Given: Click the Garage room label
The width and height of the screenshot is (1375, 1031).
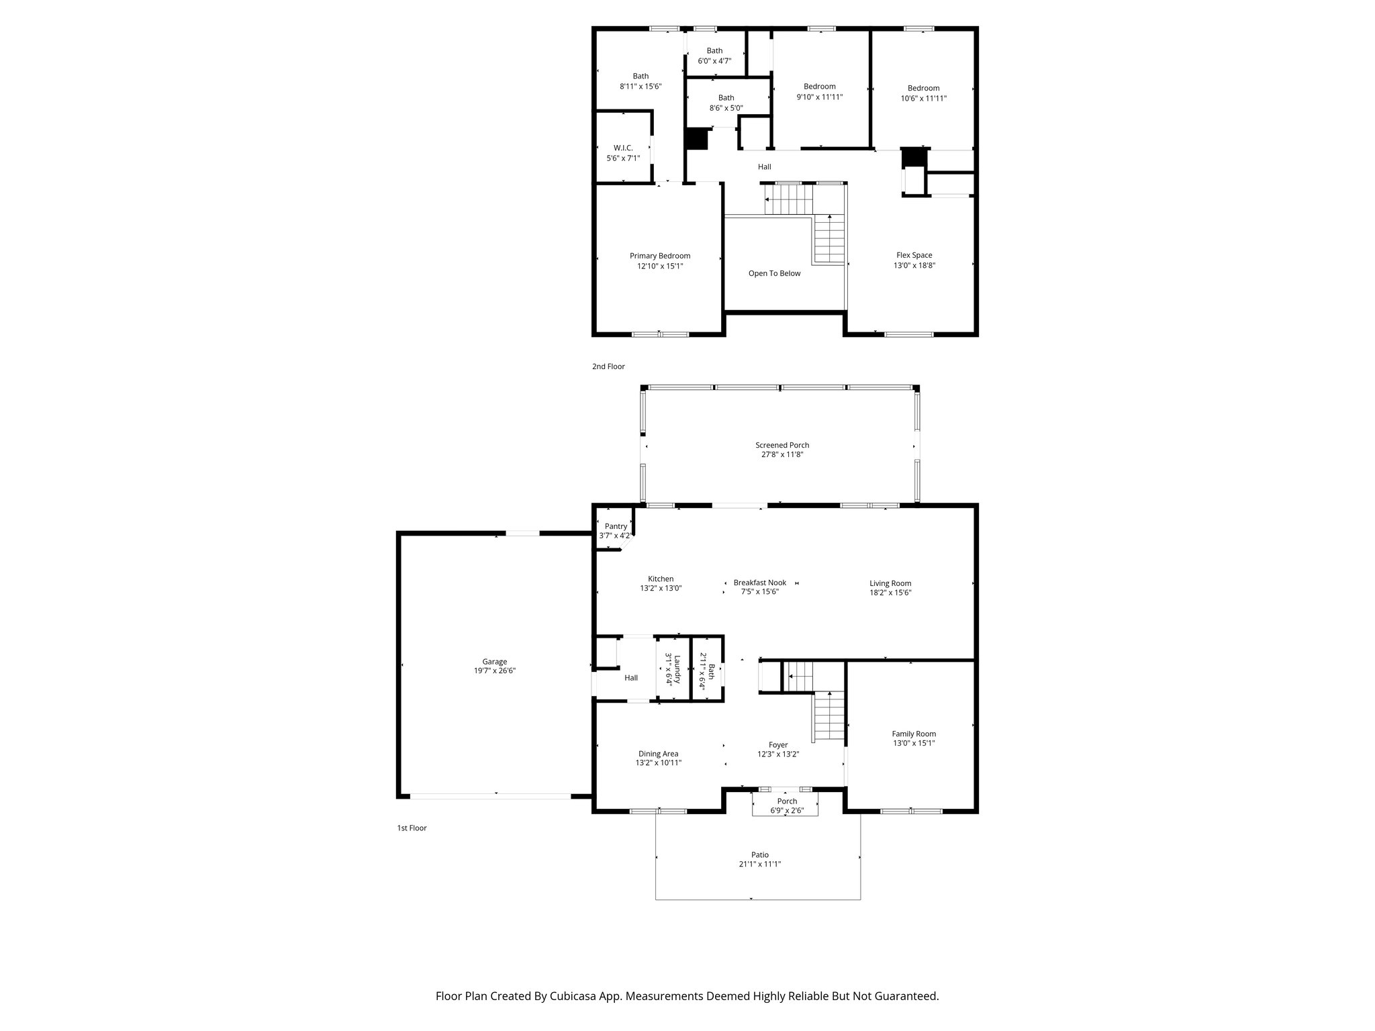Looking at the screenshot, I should [x=494, y=662].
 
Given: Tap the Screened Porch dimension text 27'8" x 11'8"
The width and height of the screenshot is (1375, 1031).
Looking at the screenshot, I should [x=781, y=454].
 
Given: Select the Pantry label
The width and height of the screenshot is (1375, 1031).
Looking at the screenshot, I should [x=615, y=526].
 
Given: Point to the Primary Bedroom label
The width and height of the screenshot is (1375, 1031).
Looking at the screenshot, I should [x=659, y=256].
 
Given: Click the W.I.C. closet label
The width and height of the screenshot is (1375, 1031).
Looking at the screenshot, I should [x=622, y=148].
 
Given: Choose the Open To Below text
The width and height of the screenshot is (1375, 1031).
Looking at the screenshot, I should [x=774, y=273].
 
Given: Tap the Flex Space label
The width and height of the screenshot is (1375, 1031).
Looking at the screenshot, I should [x=914, y=255].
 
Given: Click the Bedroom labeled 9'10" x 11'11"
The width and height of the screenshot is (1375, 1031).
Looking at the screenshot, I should [x=819, y=87].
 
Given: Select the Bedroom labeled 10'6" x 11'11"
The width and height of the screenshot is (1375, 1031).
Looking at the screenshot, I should [x=923, y=88].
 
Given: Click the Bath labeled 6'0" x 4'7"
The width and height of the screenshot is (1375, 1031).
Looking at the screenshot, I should [x=714, y=51].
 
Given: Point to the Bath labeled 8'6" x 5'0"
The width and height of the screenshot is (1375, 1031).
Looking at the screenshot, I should [x=726, y=98].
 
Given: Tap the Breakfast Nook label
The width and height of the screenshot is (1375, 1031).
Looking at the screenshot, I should [x=759, y=583].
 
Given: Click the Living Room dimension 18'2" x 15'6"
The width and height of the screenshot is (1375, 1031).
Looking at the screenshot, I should [x=890, y=593].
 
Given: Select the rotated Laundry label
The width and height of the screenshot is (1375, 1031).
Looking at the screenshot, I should [x=677, y=669].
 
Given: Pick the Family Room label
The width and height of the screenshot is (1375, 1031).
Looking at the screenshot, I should [x=913, y=734].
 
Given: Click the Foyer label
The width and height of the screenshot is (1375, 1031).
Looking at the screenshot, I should [x=777, y=745].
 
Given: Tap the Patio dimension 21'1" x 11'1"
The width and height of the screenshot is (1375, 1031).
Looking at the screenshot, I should [x=759, y=864].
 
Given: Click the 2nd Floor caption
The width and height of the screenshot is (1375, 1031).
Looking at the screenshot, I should [x=608, y=366].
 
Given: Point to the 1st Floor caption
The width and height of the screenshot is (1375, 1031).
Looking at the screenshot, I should [x=411, y=828].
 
